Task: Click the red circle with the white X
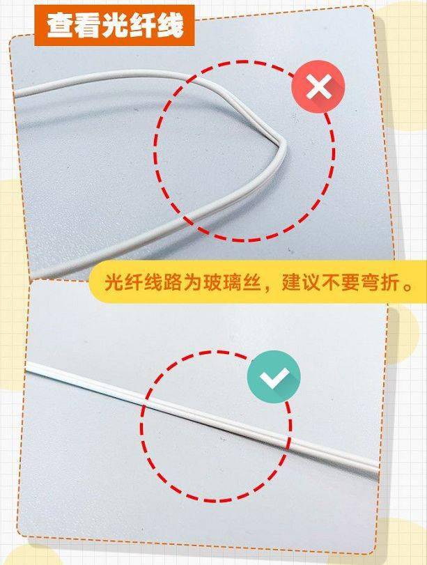click(x=318, y=87)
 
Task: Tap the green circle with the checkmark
click(x=274, y=376)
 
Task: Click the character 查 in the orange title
click(x=59, y=26)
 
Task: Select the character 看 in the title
click(x=87, y=26)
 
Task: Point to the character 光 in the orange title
click(x=115, y=26)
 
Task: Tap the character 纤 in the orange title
click(x=142, y=26)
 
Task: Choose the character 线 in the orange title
click(x=170, y=26)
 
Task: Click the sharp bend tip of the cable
click(x=284, y=144)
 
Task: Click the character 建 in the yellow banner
click(x=291, y=283)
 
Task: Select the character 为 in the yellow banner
click(x=192, y=283)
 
